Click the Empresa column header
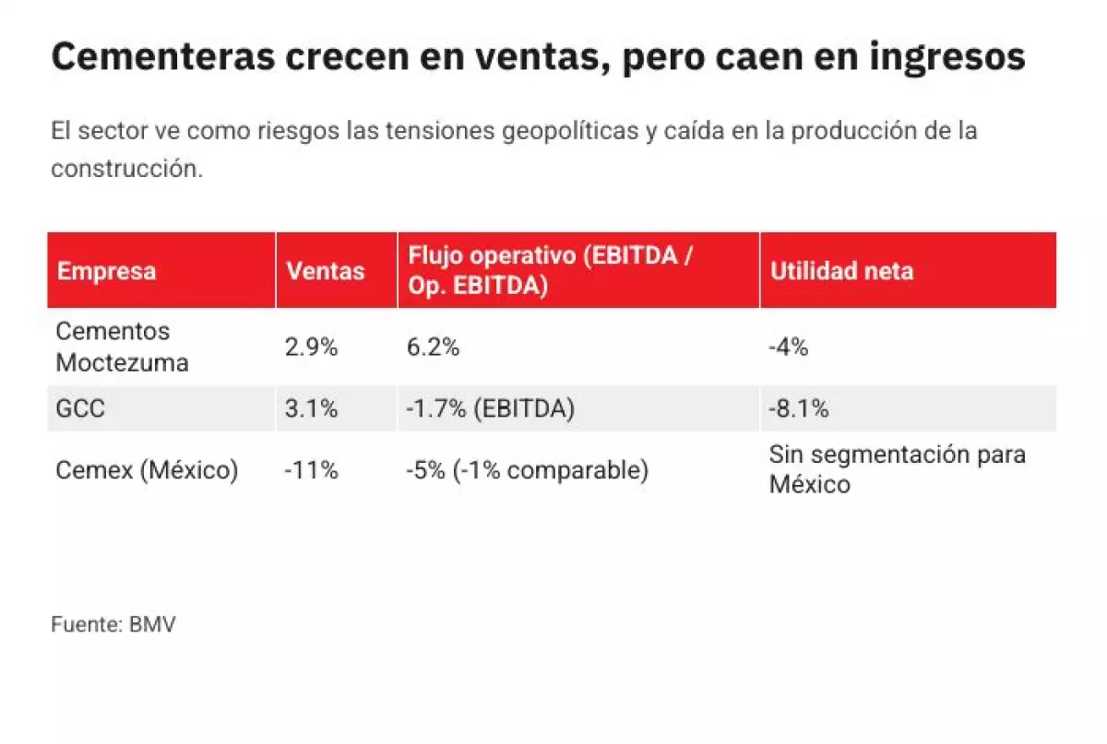pyautogui.click(x=106, y=271)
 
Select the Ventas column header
pyautogui.click(x=325, y=271)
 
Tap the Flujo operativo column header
pyautogui.click(x=550, y=271)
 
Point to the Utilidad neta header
pyautogui.click(x=841, y=271)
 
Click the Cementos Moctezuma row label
pyautogui.click(x=122, y=347)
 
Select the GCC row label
pyautogui.click(x=81, y=408)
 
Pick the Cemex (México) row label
pyautogui.click(x=147, y=470)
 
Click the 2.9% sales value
pyautogui.click(x=311, y=348)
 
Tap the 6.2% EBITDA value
pyautogui.click(x=433, y=348)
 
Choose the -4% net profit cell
pyautogui.click(x=789, y=348)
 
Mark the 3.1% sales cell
pyautogui.click(x=311, y=408)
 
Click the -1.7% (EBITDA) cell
pyautogui.click(x=490, y=408)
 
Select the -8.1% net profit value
pyautogui.click(x=799, y=408)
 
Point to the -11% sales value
pyautogui.click(x=311, y=470)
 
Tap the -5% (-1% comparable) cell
pyautogui.click(x=527, y=470)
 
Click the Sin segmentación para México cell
pyautogui.click(x=897, y=469)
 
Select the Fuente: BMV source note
pyautogui.click(x=113, y=624)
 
